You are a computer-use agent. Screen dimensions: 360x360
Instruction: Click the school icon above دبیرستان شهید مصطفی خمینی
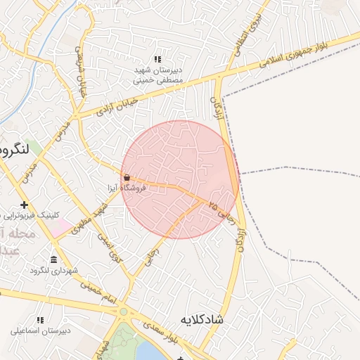[x=158, y=60]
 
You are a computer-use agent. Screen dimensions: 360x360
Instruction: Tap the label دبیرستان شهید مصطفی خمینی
[x=158, y=75]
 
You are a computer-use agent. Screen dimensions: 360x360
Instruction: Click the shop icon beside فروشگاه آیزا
[x=127, y=178]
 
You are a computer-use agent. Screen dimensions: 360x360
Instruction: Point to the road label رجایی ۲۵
[x=221, y=211]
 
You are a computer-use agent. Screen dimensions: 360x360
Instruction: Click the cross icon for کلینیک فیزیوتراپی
[x=25, y=205]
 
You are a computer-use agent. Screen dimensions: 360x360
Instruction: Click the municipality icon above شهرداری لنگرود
[x=53, y=260]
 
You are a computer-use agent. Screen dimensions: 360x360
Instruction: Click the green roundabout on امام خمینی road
[x=124, y=311]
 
